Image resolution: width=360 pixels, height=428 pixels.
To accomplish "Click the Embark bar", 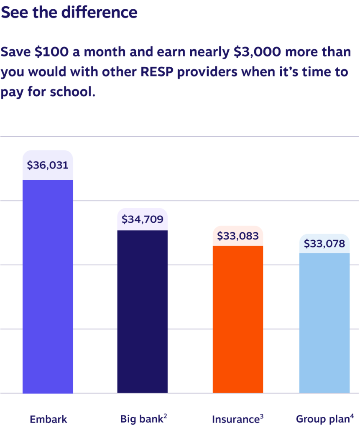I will pyautogui.click(x=48, y=286).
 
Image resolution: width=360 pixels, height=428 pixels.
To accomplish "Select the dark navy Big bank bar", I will pyautogui.click(x=143, y=311).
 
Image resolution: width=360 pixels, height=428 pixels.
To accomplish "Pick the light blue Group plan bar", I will pyautogui.click(x=324, y=323).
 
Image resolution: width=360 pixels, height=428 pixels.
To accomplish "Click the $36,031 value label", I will pyautogui.click(x=48, y=165).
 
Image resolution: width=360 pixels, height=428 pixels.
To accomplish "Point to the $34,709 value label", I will pyautogui.click(x=143, y=219).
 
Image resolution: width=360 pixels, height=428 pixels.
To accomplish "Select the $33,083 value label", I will pyautogui.click(x=238, y=236).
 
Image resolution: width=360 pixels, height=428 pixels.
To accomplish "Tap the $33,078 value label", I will pyautogui.click(x=324, y=243).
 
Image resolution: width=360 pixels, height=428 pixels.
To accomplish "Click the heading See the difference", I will pyautogui.click(x=69, y=13).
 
